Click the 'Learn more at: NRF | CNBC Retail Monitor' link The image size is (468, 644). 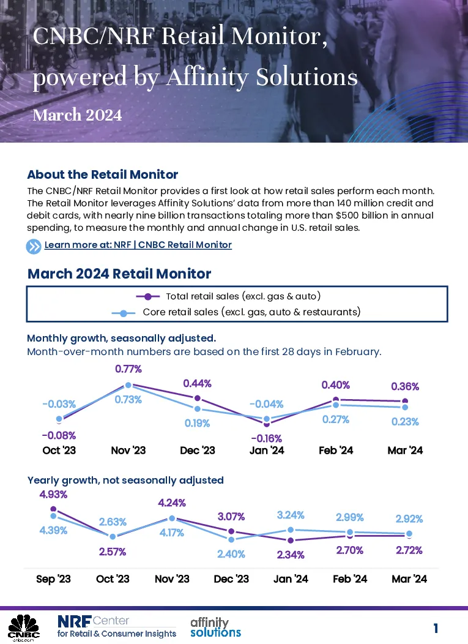point(138,245)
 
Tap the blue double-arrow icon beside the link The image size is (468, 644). point(34,247)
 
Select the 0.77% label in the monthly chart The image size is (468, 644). point(128,369)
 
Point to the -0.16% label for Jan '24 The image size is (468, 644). point(267,438)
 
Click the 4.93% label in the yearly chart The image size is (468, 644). point(53,495)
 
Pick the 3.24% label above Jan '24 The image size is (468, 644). point(291,515)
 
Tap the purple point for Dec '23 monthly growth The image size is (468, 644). point(198,398)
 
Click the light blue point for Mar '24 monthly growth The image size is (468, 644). point(405,407)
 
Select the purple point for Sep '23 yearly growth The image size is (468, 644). point(53,509)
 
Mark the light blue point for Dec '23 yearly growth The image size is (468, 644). point(231,539)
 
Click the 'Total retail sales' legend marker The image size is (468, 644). point(148,296)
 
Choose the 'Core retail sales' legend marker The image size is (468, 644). point(124,313)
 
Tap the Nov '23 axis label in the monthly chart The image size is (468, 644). point(128,451)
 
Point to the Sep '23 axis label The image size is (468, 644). point(53,579)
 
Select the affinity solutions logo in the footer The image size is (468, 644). point(215,627)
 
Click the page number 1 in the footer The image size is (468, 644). point(436,628)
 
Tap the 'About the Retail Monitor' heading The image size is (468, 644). point(103,174)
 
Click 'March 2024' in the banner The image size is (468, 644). point(77,115)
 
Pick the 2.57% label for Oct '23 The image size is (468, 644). point(113,552)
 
